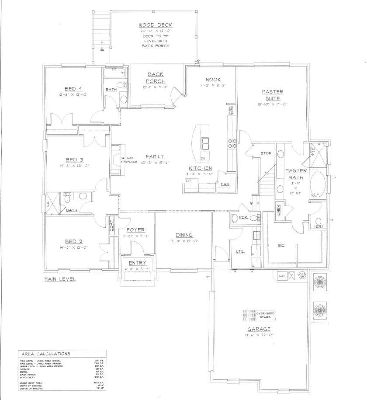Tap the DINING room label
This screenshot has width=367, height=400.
183,235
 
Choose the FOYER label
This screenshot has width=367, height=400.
135,230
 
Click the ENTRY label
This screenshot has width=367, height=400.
137,262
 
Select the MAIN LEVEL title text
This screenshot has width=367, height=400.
60,279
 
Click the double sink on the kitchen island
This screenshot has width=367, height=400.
204,142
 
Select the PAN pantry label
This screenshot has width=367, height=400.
225,184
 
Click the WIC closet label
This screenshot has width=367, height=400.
281,245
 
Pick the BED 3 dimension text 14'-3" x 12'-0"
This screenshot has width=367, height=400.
67,166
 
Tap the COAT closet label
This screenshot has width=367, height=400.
112,226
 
